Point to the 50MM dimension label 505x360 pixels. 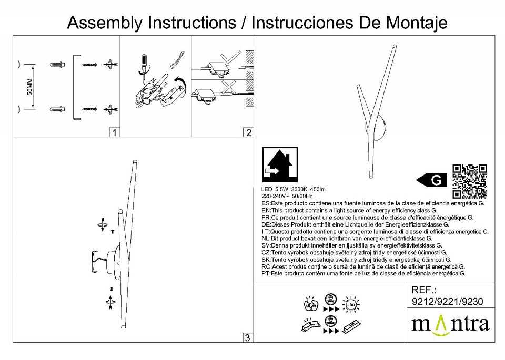30,87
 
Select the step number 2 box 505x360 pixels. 248,132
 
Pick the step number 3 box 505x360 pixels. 248,337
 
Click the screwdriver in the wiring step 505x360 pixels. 142,65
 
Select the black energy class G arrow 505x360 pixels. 433,180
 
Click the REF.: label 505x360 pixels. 425,290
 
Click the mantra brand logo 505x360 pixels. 450,323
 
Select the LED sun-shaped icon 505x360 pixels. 350,303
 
